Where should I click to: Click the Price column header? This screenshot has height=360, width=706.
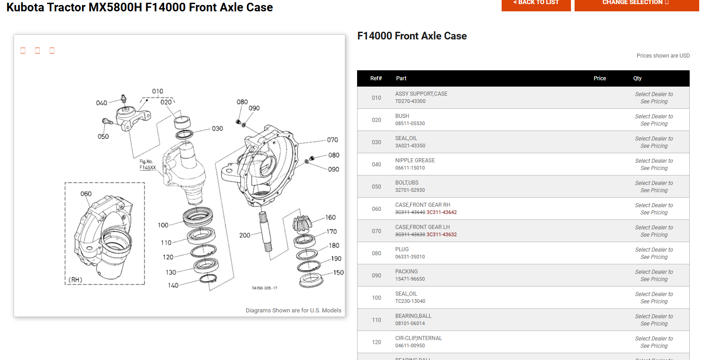(x=600, y=78)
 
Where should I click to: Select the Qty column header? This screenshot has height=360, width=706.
(x=637, y=78)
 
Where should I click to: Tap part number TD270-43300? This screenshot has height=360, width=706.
(x=410, y=101)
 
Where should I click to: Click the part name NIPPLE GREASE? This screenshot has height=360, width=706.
(x=415, y=161)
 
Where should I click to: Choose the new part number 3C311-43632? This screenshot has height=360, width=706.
(x=441, y=234)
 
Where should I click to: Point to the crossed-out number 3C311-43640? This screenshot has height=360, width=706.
(x=410, y=212)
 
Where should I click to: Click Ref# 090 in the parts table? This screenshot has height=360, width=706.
(x=377, y=276)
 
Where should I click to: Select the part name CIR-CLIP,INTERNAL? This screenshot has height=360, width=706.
(x=418, y=338)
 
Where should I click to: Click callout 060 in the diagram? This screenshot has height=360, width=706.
(x=86, y=194)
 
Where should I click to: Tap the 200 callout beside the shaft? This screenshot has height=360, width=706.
(x=245, y=235)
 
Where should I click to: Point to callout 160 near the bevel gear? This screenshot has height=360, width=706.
(x=330, y=218)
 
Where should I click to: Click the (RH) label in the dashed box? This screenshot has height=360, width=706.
(x=75, y=279)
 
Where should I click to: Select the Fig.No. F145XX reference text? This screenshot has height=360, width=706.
(x=147, y=165)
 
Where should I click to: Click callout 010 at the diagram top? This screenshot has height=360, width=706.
(x=158, y=91)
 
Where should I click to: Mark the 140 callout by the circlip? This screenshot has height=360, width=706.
(x=173, y=285)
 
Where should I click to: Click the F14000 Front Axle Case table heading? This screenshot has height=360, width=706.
(x=412, y=36)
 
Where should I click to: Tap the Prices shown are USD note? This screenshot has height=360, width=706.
(x=663, y=56)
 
